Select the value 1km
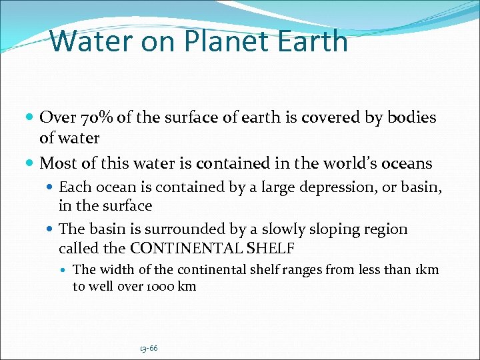[427, 269]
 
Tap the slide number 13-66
[149, 348]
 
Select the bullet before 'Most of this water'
[31, 163]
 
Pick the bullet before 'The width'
[65, 270]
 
